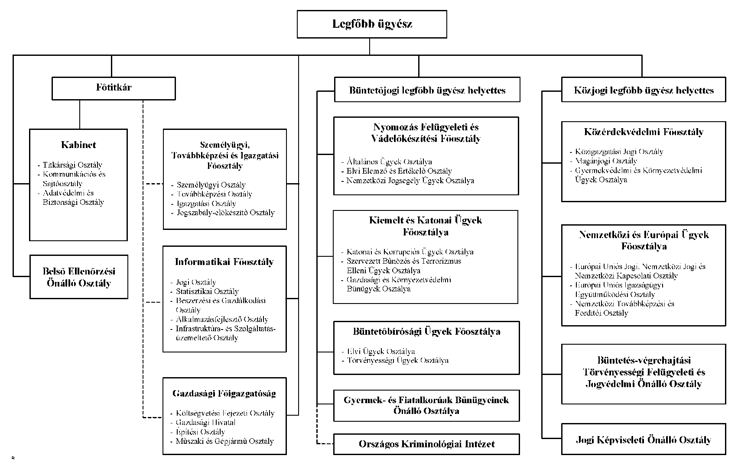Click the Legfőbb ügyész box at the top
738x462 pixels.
click(x=372, y=24)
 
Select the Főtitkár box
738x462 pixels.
click(x=114, y=88)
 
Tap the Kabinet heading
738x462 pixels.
click(x=78, y=145)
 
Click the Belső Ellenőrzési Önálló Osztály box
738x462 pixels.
click(x=79, y=277)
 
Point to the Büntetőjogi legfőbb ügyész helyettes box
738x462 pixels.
click(x=427, y=90)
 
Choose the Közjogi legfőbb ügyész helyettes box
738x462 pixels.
click(x=644, y=90)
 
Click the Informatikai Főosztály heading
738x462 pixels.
click(x=224, y=262)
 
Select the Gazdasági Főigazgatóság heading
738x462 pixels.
click(x=224, y=394)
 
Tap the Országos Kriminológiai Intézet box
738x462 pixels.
click(x=427, y=444)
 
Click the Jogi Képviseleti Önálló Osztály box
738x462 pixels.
click(x=644, y=439)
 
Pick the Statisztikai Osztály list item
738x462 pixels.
click(x=207, y=291)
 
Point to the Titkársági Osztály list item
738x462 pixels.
click(x=72, y=165)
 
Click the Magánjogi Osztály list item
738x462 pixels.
click(x=606, y=161)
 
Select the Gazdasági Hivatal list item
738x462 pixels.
click(x=205, y=423)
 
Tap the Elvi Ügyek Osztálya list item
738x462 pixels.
click(x=381, y=351)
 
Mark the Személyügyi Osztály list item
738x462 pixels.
click(x=211, y=185)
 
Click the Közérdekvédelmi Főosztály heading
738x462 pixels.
click(x=644, y=132)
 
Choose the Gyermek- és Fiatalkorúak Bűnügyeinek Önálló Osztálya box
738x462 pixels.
click(x=427, y=406)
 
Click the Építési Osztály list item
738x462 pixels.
click(x=200, y=432)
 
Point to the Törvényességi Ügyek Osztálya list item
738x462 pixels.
click(x=398, y=361)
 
